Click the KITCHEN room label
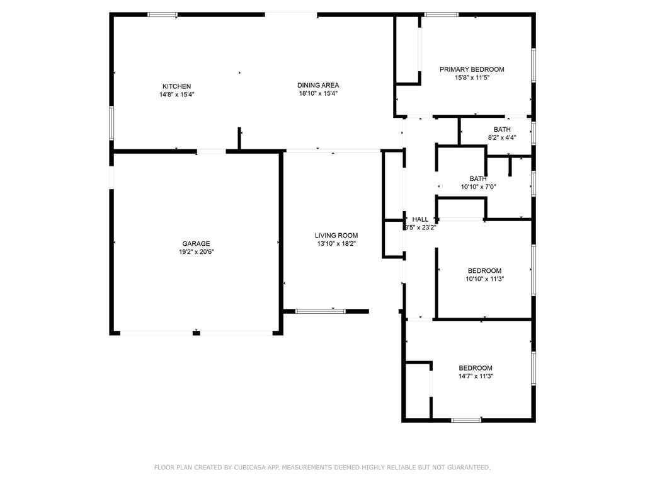point(176,86)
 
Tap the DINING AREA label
point(318,85)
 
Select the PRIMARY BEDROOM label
point(472,69)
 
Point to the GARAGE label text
point(197,244)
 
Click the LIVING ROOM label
point(336,236)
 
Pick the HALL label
point(420,219)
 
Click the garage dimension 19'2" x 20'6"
point(197,252)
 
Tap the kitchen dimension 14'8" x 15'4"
point(177,95)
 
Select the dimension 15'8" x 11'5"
point(472,78)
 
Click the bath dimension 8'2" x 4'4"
point(502,138)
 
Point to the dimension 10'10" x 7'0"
point(478,187)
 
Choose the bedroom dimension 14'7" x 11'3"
point(476,376)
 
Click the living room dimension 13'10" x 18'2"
point(336,244)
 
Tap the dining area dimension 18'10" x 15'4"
point(318,93)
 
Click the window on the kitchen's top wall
point(163,15)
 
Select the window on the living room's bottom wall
point(321,311)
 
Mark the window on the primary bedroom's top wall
point(441,15)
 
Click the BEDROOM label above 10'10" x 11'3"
point(484,271)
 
